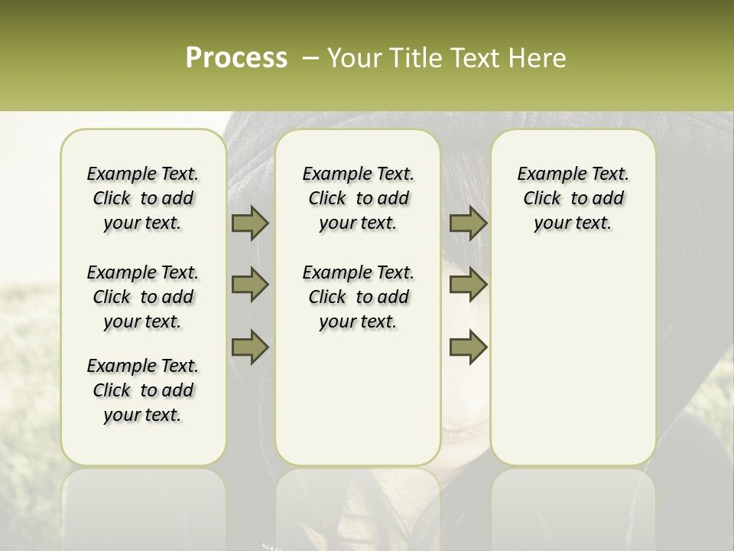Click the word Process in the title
pos(236,58)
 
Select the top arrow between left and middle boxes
pos(250,223)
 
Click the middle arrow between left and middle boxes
pos(250,285)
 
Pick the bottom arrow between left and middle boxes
pos(250,347)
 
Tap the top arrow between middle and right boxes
pos(468,223)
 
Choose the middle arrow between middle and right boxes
pos(468,285)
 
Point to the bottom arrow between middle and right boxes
pos(468,347)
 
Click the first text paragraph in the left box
pos(143,198)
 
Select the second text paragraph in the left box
pos(143,297)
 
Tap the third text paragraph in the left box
pos(143,390)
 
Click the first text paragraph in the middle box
pos(358,198)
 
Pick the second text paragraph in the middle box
pos(358,297)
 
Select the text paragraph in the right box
pos(573,198)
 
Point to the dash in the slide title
pos(310,58)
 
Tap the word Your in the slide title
pos(356,58)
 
